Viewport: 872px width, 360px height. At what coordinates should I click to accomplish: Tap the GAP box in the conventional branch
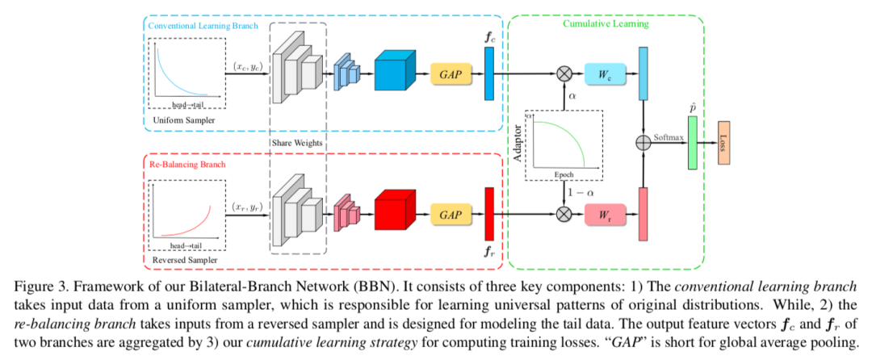click(x=449, y=72)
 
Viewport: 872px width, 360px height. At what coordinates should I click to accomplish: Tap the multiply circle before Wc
click(x=564, y=72)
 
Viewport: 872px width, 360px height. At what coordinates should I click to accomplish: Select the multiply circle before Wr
click(x=564, y=215)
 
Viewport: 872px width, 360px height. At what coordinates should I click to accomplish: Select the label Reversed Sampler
click(x=184, y=262)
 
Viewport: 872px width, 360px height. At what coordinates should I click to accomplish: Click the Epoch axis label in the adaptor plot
click(x=564, y=174)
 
